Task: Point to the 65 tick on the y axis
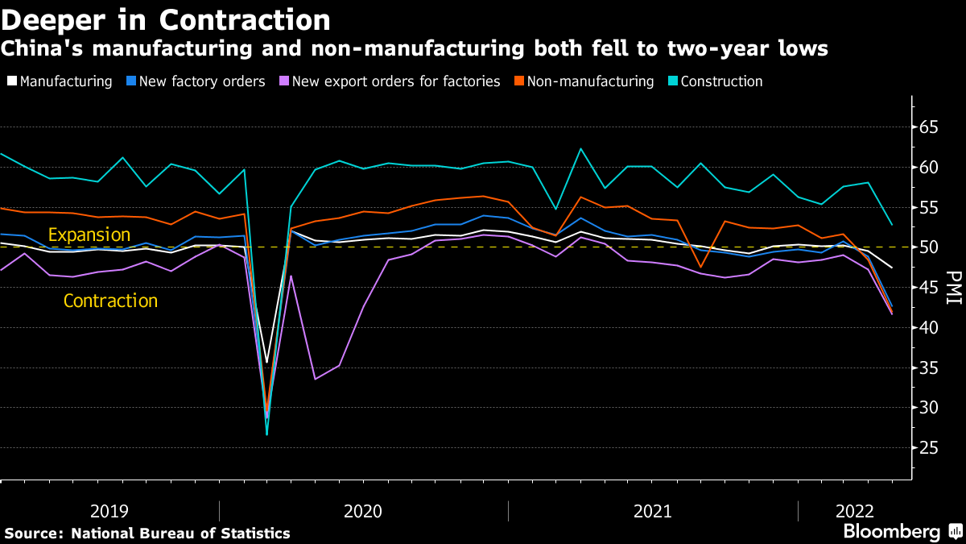click(x=929, y=127)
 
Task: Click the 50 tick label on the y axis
click(x=929, y=247)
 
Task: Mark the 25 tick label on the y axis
click(x=929, y=447)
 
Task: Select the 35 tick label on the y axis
click(x=929, y=368)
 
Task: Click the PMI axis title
click(x=953, y=288)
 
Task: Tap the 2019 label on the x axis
click(x=109, y=510)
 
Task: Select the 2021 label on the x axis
click(x=653, y=510)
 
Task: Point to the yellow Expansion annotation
click(x=89, y=235)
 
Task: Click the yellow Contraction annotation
click(x=110, y=301)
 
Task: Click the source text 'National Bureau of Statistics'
click(x=180, y=533)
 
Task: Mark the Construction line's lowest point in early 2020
click(x=266, y=434)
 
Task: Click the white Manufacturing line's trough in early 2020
click(x=266, y=363)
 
